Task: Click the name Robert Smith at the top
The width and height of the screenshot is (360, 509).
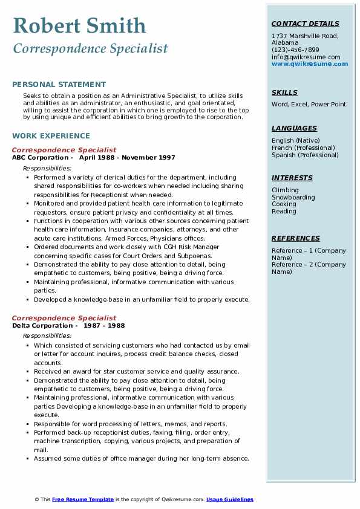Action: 79,25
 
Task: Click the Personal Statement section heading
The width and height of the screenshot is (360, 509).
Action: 59,85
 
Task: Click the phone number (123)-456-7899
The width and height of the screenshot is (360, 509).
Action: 295,50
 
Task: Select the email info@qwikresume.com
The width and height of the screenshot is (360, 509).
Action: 306,57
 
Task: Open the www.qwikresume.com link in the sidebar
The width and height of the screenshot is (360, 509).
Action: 306,63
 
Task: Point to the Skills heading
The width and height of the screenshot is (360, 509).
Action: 284,92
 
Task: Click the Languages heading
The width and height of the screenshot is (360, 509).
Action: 294,128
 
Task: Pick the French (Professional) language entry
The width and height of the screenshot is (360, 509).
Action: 303,148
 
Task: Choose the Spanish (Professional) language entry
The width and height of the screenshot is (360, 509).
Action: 304,155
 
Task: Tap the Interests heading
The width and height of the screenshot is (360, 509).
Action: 292,178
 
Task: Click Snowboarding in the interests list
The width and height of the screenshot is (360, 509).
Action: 293,197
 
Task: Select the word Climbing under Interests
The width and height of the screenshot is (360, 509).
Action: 285,190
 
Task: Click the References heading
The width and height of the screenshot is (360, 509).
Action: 296,238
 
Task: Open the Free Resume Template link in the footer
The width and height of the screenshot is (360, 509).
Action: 83,499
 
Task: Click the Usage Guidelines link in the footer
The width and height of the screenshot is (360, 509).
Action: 229,499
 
